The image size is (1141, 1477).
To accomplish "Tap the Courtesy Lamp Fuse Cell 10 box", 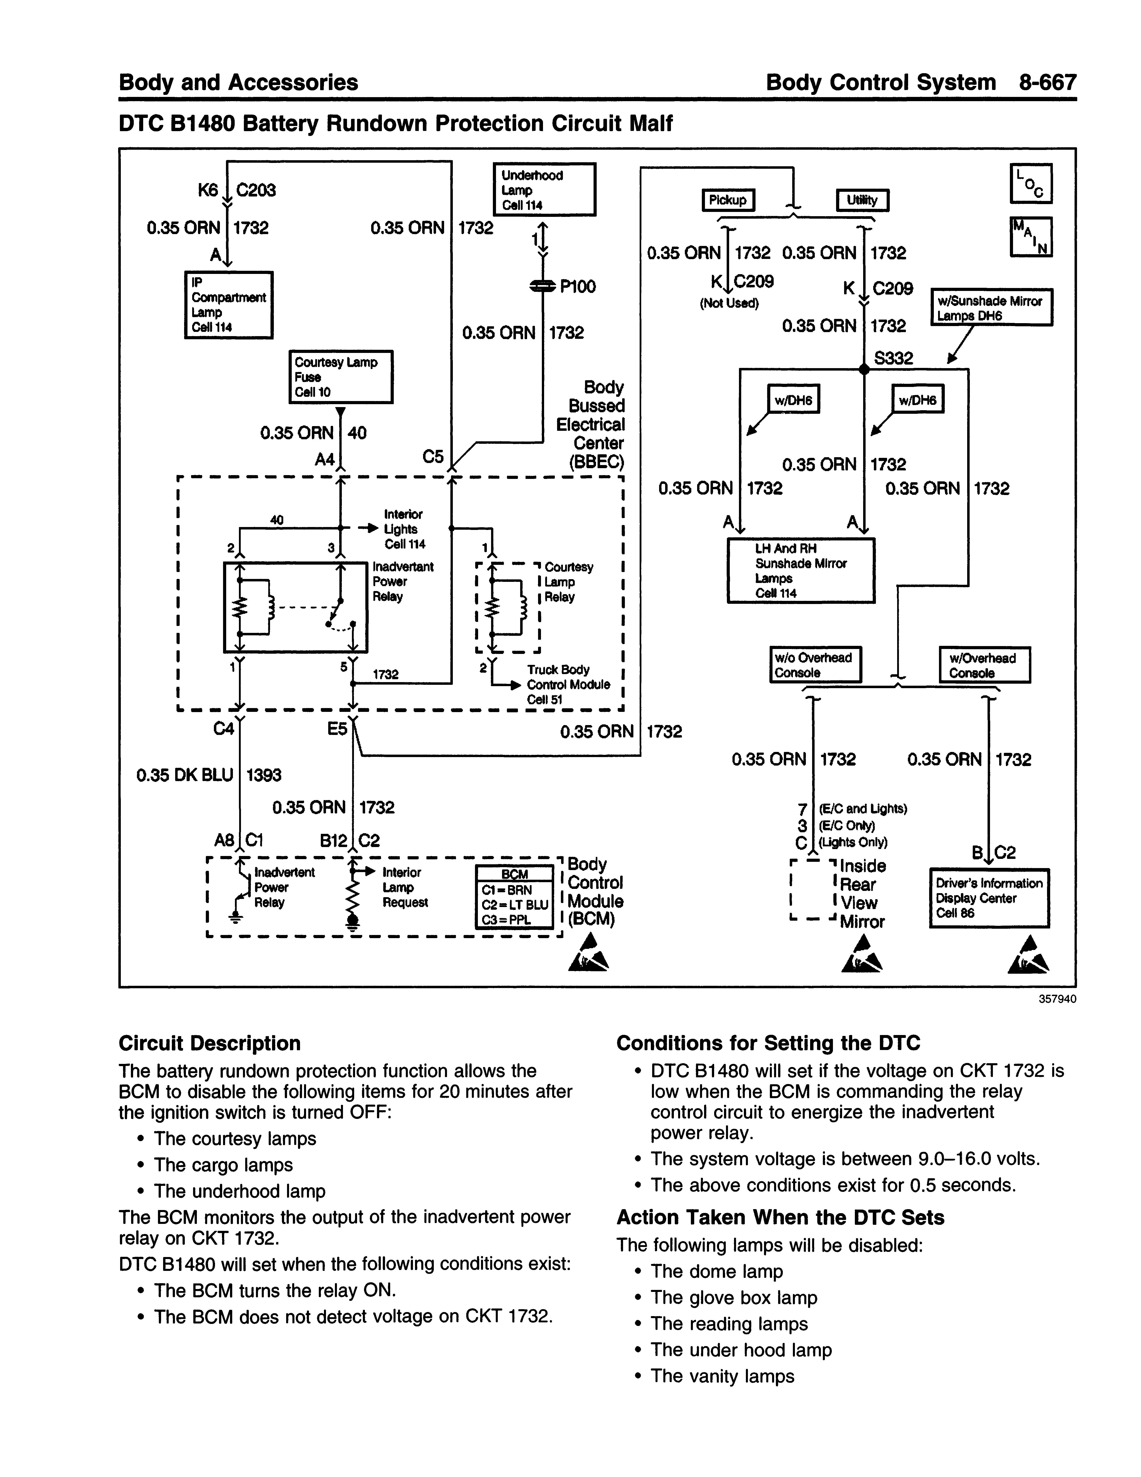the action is pyautogui.click(x=341, y=377).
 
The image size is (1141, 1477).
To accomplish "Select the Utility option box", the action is pyautogui.click(x=862, y=200).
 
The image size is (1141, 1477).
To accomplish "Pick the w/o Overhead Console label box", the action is pyautogui.click(x=816, y=665).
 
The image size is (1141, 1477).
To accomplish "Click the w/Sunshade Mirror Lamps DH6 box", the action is pyautogui.click(x=992, y=308).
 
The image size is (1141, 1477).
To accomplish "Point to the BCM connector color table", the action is pyautogui.click(x=514, y=897).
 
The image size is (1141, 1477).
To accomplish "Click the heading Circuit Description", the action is pyautogui.click(x=210, y=1043).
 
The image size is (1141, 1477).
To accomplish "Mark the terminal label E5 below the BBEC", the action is pyautogui.click(x=337, y=729).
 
